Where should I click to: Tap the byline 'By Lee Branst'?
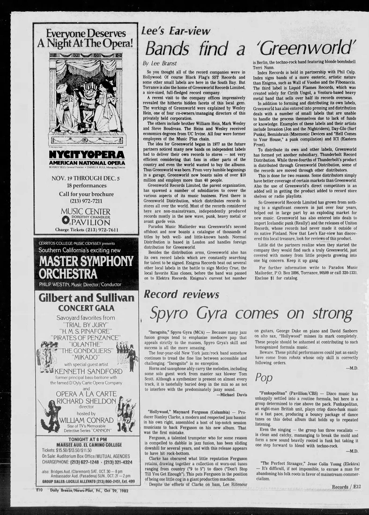tap(159, 63)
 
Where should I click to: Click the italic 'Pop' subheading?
tap(264, 377)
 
